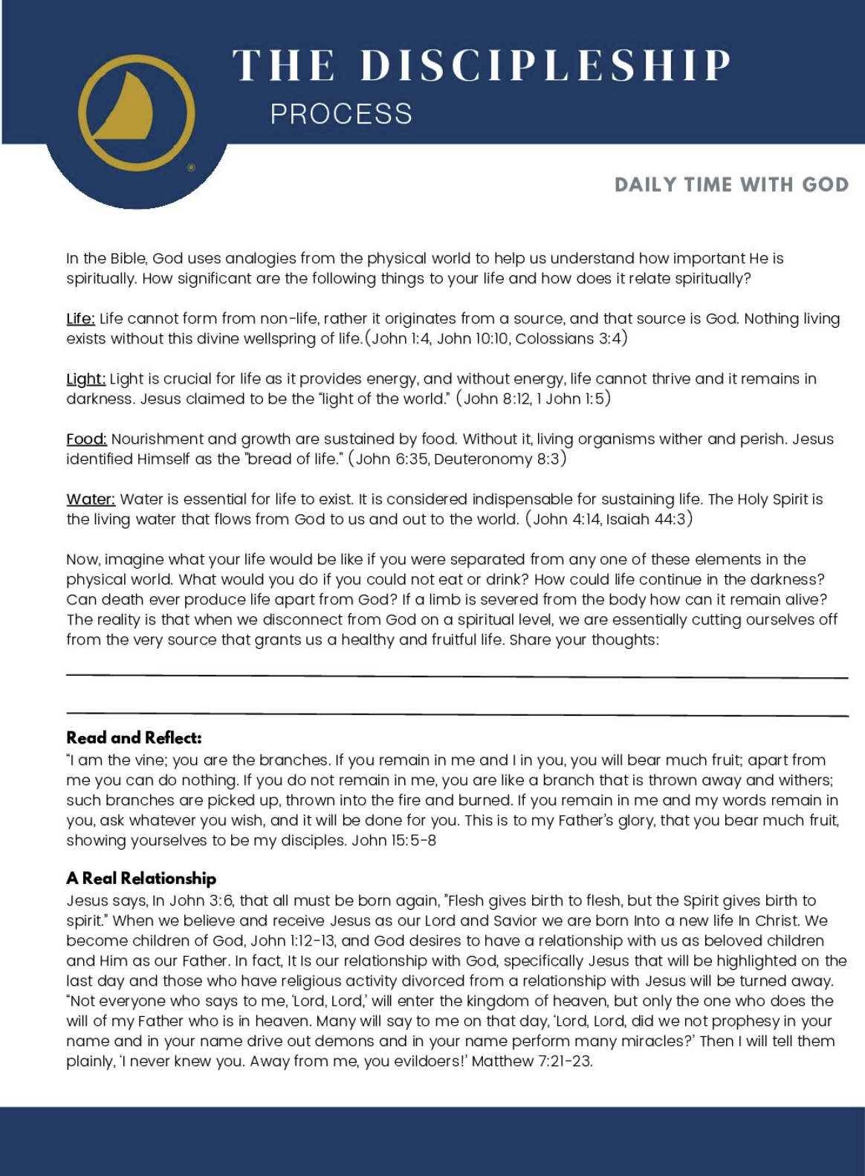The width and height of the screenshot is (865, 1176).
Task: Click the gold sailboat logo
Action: (x=136, y=113)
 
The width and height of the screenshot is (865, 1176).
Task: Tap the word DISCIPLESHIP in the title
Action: (x=546, y=65)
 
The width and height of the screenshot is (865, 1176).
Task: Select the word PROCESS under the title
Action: (x=341, y=114)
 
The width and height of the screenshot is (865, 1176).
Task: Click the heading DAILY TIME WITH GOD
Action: (x=731, y=184)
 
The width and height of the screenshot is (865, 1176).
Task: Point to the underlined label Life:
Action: (x=80, y=319)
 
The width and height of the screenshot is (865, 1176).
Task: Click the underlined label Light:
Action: (x=85, y=379)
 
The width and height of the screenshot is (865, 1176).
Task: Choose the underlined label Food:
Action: (x=86, y=439)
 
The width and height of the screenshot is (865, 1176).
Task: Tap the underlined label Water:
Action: (x=91, y=500)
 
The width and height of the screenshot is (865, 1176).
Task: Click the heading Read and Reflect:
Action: (x=134, y=738)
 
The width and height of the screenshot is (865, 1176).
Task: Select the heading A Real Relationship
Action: (x=141, y=879)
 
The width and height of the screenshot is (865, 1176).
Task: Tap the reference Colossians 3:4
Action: (x=568, y=339)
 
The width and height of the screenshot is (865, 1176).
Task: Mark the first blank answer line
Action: (x=456, y=676)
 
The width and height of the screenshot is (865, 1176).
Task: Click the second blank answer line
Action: (x=456, y=714)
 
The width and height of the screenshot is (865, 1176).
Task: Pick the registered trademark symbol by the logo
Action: (x=191, y=168)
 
